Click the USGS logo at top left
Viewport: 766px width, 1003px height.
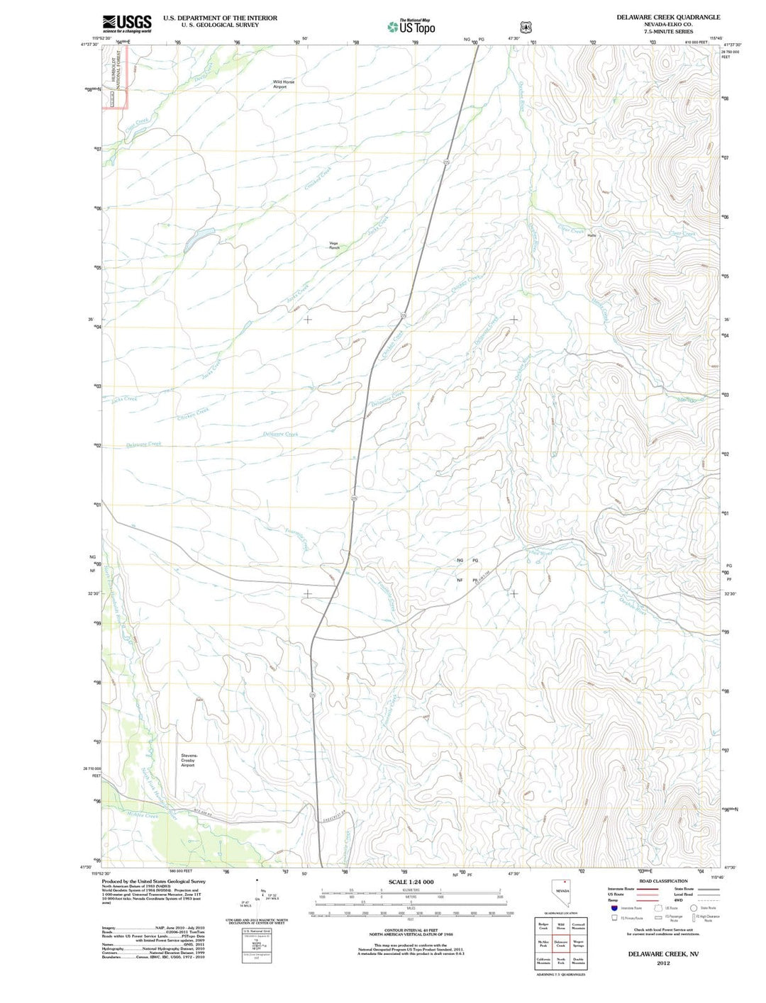[127, 23]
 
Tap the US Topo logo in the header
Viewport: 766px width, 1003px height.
[411, 27]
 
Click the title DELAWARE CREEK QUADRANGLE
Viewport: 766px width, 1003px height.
[667, 17]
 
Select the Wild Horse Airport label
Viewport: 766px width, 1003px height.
[284, 84]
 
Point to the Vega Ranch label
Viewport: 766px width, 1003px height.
[334, 246]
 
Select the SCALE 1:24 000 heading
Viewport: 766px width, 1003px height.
[411, 882]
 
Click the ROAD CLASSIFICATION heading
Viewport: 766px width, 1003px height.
[663, 881]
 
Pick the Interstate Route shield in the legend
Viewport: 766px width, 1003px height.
[614, 908]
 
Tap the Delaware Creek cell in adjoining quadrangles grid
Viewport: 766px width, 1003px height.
[560, 943]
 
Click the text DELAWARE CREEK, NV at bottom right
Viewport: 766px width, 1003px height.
[662, 954]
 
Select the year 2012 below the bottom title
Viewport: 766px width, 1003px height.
[663, 963]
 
